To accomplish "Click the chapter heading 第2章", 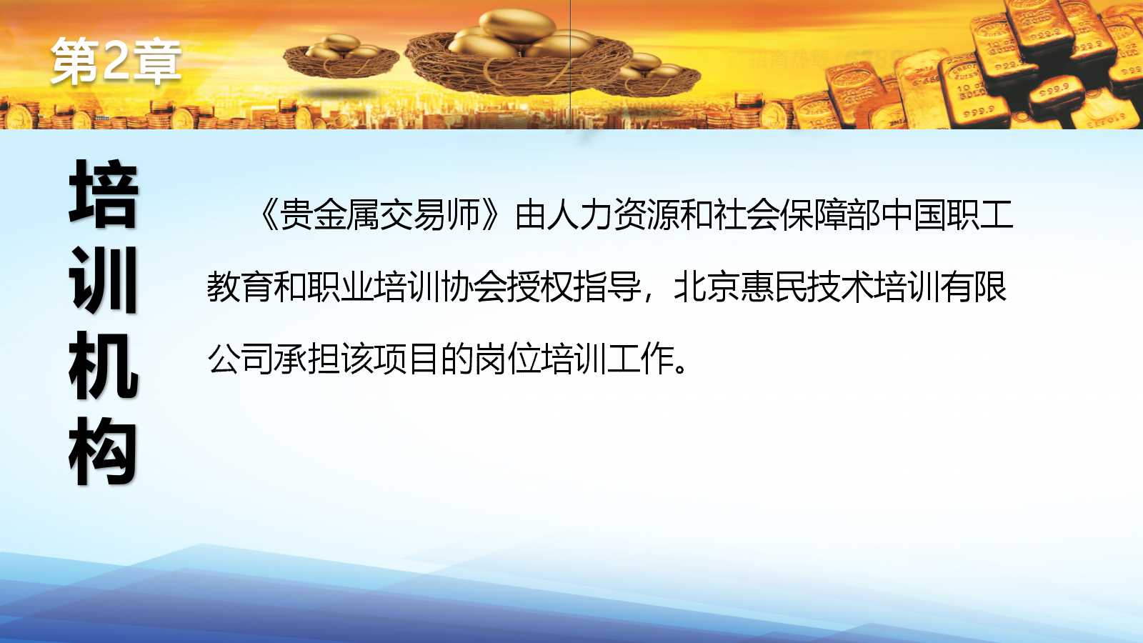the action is [x=116, y=61].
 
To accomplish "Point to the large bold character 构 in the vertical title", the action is [x=104, y=451].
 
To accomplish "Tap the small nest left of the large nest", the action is [x=341, y=57].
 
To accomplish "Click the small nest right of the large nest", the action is [x=652, y=76].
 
